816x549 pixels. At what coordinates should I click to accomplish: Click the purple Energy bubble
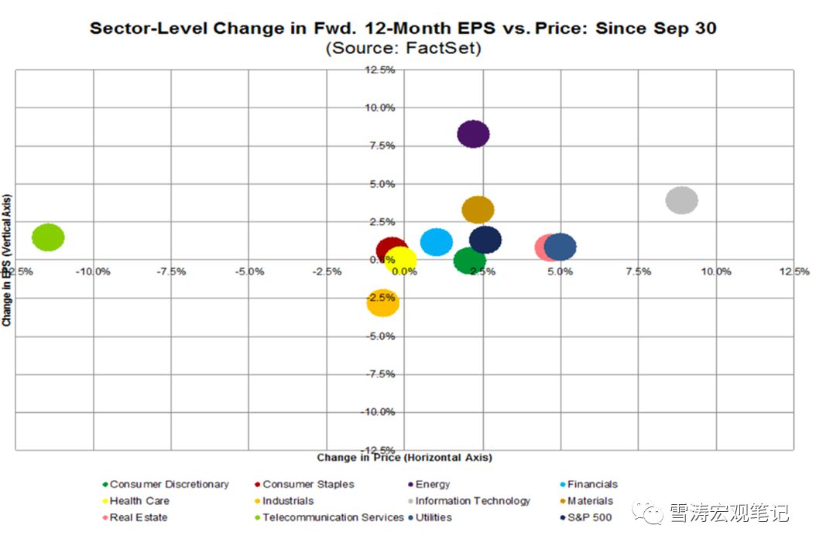coord(473,135)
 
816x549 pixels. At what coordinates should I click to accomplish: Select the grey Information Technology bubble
coord(681,200)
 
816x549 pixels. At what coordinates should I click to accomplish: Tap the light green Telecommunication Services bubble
coord(48,237)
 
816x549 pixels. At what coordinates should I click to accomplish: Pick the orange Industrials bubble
coord(382,303)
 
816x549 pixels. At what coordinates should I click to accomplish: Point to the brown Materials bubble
coord(478,210)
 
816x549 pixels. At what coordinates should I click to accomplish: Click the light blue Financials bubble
coord(437,242)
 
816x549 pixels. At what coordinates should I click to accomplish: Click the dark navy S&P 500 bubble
coord(485,240)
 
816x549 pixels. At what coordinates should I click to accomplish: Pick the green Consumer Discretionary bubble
coord(469,261)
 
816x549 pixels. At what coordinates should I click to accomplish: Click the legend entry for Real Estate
coord(139,517)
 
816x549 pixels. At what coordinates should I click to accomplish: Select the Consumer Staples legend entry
coord(308,484)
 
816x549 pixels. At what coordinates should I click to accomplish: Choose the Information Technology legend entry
coord(472,501)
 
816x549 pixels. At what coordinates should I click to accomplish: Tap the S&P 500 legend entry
coord(590,517)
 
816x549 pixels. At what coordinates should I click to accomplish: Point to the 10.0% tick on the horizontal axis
coord(716,271)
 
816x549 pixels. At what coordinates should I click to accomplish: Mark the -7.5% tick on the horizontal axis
coord(170,271)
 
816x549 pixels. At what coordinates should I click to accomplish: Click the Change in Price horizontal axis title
coord(404,458)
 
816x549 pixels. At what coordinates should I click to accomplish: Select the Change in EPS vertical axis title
coord(7,260)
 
